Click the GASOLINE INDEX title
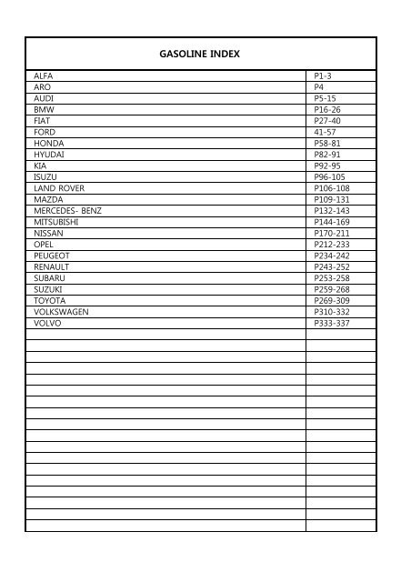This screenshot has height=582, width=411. tap(198, 54)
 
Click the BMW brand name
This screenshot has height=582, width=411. tap(43, 109)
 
